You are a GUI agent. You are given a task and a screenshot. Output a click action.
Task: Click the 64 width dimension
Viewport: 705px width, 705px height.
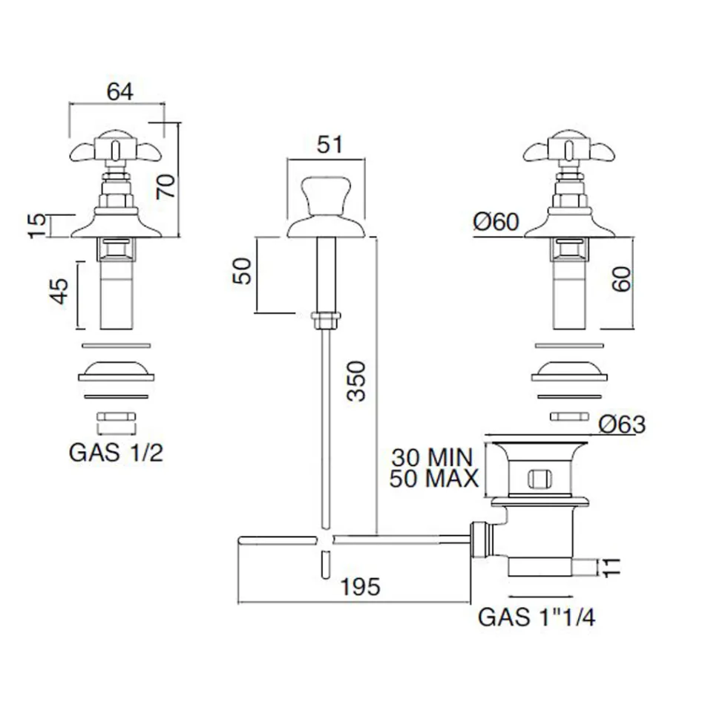point(119,93)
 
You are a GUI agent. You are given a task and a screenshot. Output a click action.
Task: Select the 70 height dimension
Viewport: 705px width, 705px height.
point(167,184)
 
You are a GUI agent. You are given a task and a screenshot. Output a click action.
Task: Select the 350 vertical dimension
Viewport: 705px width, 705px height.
point(357,381)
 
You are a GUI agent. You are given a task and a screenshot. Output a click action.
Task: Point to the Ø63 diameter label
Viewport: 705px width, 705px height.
point(621,424)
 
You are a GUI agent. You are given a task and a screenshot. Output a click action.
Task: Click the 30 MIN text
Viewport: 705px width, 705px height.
point(433,456)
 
